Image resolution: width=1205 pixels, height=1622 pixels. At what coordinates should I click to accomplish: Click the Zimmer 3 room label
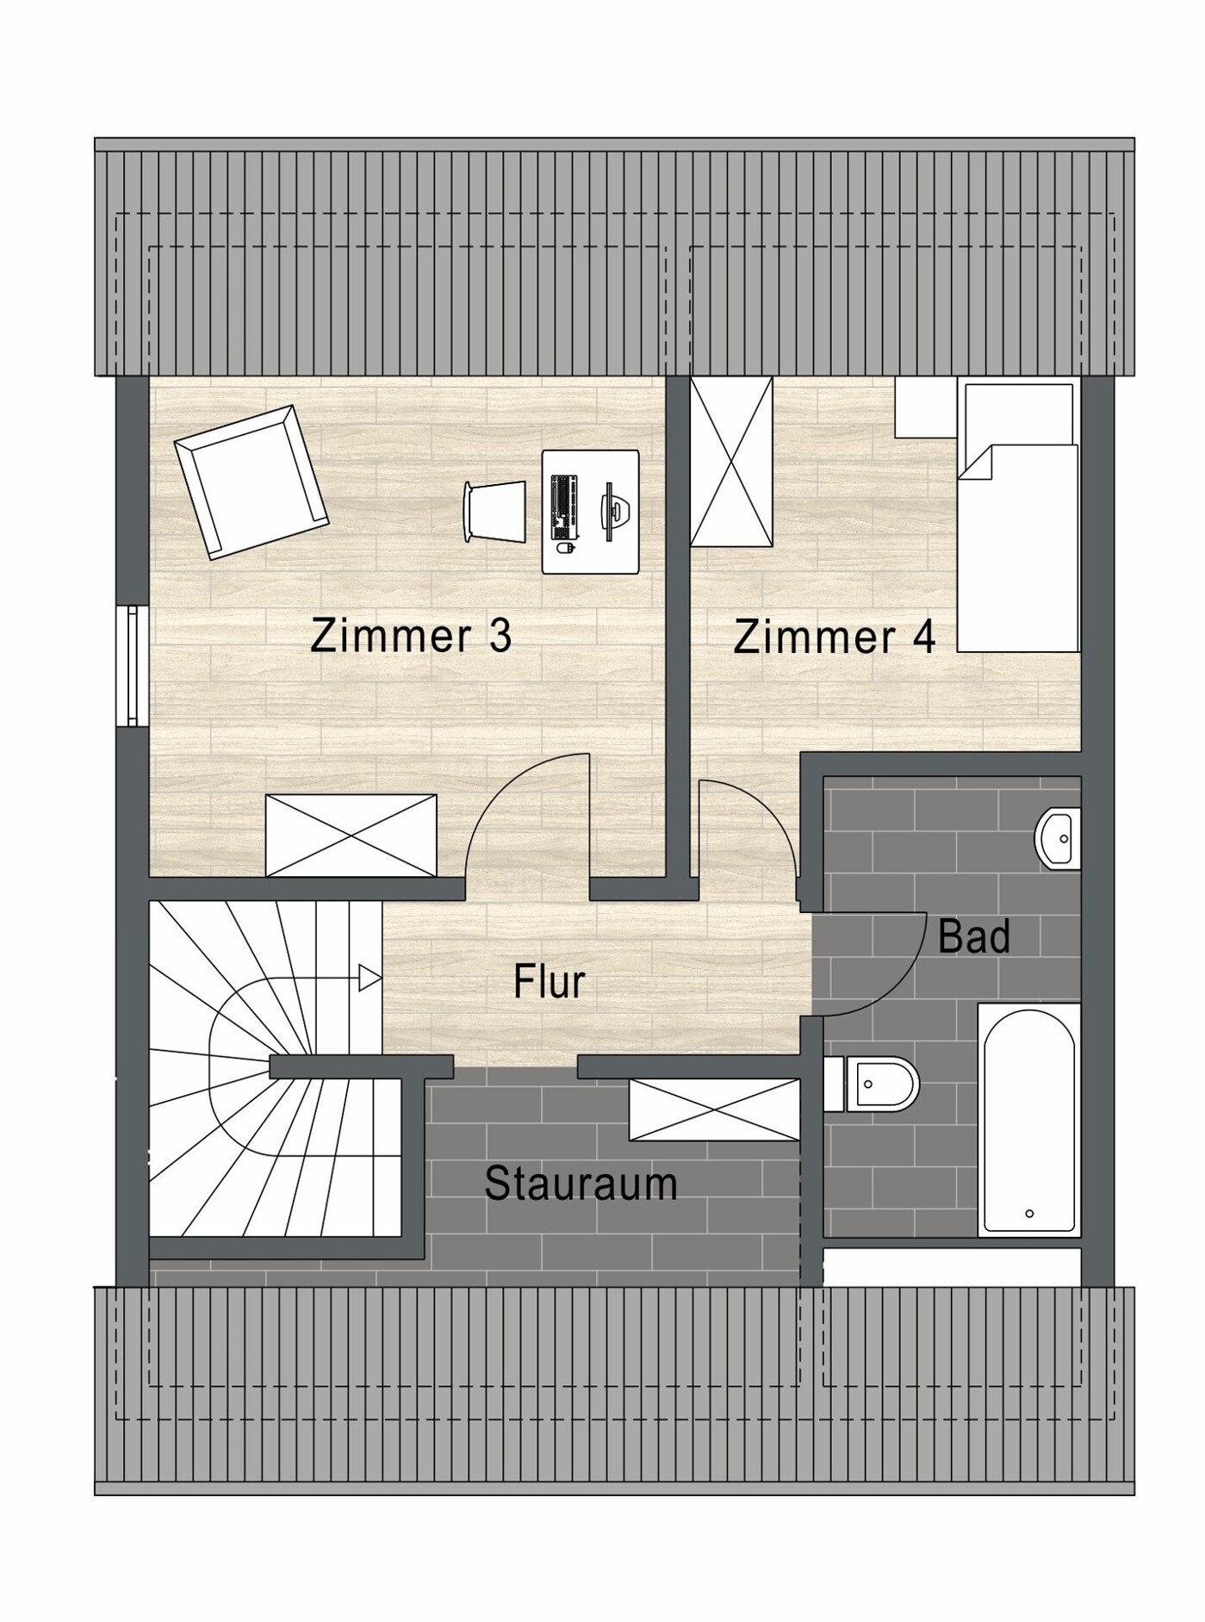411,636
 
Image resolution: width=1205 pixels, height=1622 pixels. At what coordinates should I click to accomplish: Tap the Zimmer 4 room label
834,637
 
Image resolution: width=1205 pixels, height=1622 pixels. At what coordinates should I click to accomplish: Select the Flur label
549,981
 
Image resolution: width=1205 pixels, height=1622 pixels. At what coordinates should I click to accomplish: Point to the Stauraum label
581,1184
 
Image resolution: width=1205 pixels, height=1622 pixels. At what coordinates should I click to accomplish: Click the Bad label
973,936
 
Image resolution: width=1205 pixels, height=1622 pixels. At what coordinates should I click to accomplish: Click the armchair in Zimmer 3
251,482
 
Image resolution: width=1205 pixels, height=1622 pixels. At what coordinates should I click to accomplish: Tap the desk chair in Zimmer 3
494,513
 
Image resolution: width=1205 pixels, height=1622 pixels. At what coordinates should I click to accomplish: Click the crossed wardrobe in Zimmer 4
731,462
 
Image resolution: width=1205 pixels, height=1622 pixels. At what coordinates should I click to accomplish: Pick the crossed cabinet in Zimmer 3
351,835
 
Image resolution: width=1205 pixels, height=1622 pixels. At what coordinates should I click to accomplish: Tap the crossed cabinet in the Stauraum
714,1109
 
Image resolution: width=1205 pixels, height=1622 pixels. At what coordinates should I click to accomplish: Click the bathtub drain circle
1029,1214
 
